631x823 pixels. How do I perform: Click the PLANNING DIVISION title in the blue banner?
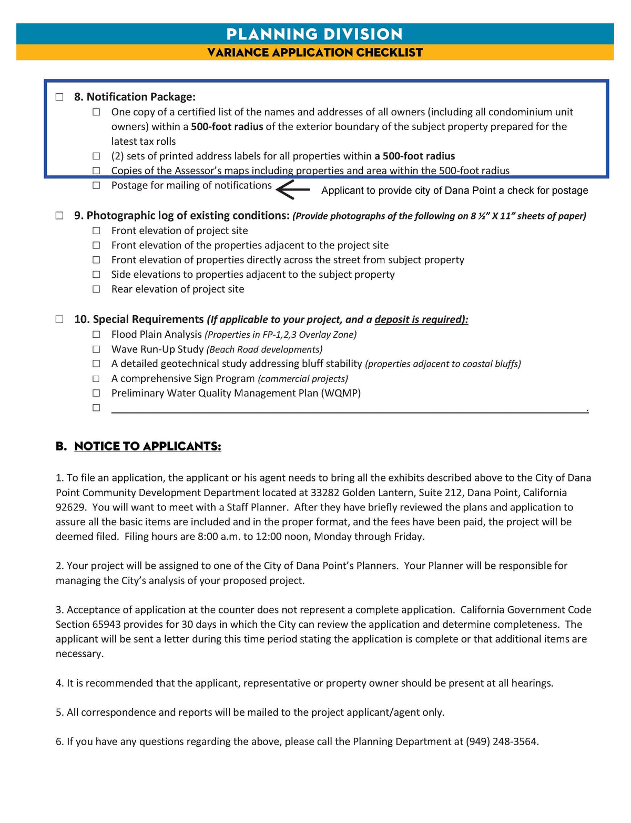coord(314,34)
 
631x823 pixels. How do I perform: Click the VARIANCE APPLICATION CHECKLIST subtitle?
coord(314,53)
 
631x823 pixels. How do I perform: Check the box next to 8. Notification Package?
coord(59,97)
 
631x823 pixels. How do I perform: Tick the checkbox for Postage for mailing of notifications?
coord(96,185)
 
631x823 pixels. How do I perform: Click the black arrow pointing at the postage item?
coord(293,190)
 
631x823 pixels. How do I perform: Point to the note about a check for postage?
coord(454,190)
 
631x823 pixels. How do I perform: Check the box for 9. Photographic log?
coord(59,215)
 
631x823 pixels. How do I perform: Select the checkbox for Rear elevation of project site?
coord(96,289)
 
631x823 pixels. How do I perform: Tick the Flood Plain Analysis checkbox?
coord(96,335)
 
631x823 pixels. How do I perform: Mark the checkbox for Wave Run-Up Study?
coord(96,349)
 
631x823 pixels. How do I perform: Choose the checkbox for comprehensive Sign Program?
coord(96,379)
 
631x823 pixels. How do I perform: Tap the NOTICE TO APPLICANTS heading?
coord(147,446)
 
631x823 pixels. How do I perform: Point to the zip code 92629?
coord(71,507)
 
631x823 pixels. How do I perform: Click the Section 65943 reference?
coord(88,624)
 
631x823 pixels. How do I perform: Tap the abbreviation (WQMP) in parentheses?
coord(341,393)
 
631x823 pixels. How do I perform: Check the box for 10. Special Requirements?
coord(59,319)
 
